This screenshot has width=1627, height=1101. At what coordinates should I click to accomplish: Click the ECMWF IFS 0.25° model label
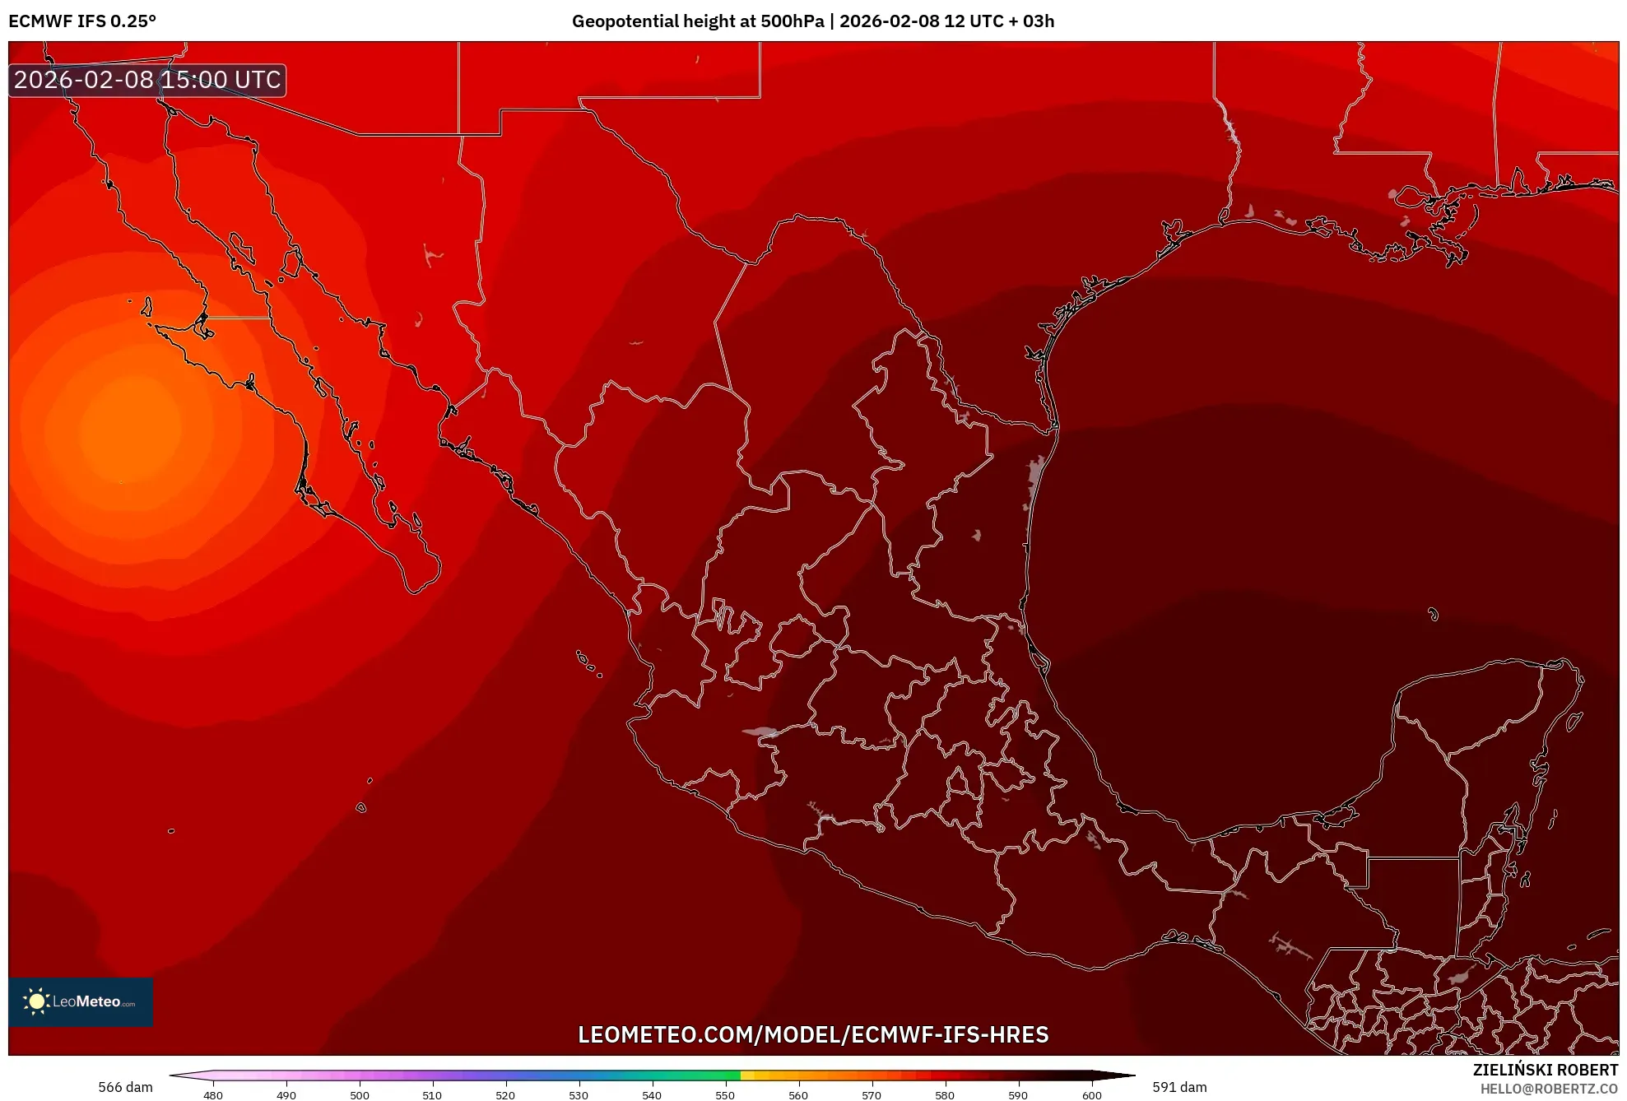tap(82, 21)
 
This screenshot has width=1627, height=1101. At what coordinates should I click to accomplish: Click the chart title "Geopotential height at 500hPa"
tap(697, 21)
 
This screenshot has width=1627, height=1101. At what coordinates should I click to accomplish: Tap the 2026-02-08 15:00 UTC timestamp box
tap(147, 80)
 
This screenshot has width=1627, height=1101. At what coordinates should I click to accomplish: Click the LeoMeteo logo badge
tap(81, 1001)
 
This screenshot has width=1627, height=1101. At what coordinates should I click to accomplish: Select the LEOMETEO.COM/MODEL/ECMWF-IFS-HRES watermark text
tap(813, 1034)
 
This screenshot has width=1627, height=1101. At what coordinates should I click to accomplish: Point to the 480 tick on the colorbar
tap(213, 1095)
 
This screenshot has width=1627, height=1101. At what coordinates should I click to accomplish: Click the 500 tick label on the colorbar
tap(360, 1095)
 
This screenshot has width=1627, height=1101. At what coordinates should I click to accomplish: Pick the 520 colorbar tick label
tap(505, 1095)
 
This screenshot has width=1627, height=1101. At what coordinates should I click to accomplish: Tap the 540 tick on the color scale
tap(652, 1095)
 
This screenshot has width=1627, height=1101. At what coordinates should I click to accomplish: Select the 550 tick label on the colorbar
tap(725, 1095)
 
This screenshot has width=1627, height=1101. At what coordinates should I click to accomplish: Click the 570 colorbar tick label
tap(872, 1095)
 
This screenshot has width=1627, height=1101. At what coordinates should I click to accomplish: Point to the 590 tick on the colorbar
tap(1018, 1095)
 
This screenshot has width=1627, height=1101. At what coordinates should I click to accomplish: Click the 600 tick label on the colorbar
tap(1091, 1095)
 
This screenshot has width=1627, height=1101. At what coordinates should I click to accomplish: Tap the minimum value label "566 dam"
tap(125, 1087)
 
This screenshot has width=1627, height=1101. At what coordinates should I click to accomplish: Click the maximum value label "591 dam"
tap(1179, 1087)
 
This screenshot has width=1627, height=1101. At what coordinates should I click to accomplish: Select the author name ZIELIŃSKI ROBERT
tap(1546, 1070)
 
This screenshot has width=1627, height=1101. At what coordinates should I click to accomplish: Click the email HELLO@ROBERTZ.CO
tap(1549, 1089)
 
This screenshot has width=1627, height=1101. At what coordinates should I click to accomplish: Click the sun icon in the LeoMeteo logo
tap(36, 1001)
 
